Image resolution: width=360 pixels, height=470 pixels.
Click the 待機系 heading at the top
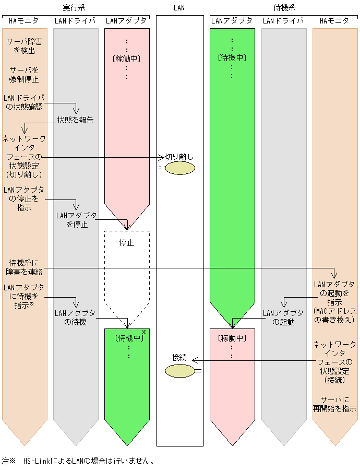click(284, 8)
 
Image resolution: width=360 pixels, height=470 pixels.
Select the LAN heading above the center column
click(179, 8)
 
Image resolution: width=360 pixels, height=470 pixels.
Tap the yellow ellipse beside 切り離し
click(180, 168)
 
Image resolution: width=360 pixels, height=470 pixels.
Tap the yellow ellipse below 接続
click(180, 370)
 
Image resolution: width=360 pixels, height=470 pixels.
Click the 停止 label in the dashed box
click(127, 243)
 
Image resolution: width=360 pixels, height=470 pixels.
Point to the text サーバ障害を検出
click(24, 46)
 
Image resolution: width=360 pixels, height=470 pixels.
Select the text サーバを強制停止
click(24, 75)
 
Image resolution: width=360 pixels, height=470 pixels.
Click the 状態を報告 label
click(76, 120)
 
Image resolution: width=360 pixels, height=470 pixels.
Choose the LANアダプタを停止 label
click(77, 219)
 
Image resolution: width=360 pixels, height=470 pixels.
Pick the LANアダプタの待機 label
click(76, 318)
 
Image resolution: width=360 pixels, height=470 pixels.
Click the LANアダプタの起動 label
click(283, 318)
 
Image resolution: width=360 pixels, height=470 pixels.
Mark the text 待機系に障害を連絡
click(24, 267)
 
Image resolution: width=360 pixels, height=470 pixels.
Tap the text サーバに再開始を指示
click(335, 404)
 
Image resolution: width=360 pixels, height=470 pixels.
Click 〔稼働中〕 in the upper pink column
click(127, 58)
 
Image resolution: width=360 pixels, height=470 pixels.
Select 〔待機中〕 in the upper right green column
click(232, 57)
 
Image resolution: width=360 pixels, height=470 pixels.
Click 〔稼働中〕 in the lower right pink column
click(232, 338)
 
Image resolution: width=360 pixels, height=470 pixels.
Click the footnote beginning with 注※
click(78, 461)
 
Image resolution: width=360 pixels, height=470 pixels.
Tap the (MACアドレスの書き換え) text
click(335, 316)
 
